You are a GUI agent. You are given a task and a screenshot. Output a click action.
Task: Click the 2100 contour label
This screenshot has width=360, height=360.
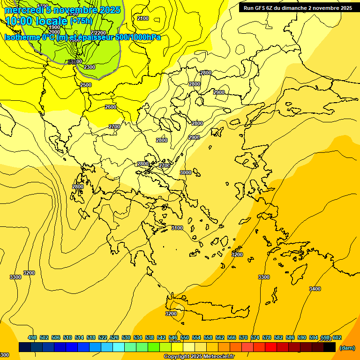pyautogui.click(x=143, y=18)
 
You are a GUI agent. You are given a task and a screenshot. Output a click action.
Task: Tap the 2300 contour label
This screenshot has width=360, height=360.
pyautogui.click(x=90, y=67)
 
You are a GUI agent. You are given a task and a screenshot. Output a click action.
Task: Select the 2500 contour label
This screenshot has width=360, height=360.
pyautogui.click(x=86, y=85)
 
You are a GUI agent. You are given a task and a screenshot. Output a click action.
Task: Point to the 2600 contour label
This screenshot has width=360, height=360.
pyautogui.click(x=111, y=107)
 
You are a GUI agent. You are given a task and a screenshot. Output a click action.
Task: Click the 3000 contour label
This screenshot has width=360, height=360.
pyautogui.click(x=186, y=172)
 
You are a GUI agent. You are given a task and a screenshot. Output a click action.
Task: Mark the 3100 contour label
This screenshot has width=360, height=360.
pyautogui.click(x=177, y=228)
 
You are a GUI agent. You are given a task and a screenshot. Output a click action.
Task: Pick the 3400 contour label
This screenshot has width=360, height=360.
pyautogui.click(x=315, y=289)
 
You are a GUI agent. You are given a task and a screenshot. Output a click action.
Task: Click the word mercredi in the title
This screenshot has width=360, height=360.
pyautogui.click(x=22, y=10)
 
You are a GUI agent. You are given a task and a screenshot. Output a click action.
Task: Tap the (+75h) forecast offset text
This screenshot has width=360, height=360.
pyautogui.click(x=81, y=21)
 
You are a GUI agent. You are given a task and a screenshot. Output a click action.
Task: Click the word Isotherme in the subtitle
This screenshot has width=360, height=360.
pyautogui.click(x=22, y=37)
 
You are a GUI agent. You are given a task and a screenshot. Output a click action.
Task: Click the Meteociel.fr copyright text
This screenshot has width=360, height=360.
pyautogui.click(x=216, y=357)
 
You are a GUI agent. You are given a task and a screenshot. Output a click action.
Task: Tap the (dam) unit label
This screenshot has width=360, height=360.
pyautogui.click(x=347, y=348)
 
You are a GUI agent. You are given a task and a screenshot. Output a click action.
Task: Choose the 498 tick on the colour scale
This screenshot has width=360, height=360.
pyautogui.click(x=32, y=337)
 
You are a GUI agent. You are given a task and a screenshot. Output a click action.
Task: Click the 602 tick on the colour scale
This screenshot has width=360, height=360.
pyautogui.click(x=337, y=337)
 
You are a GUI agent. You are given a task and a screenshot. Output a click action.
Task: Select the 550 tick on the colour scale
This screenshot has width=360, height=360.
pyautogui.click(x=185, y=337)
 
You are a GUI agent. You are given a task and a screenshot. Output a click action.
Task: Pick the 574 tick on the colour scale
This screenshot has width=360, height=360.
pyautogui.click(x=255, y=337)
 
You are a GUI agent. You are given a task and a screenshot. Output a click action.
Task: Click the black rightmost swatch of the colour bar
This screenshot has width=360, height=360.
pyautogui.click(x=330, y=347)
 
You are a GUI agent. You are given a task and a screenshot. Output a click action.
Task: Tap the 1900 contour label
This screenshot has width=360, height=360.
pyautogui.click(x=54, y=27)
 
